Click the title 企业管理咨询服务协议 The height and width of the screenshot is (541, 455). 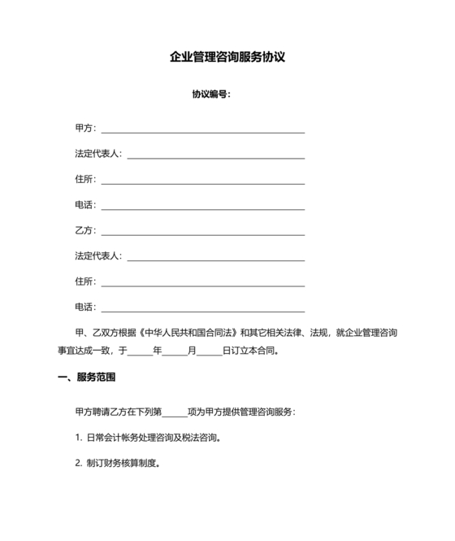tap(227, 58)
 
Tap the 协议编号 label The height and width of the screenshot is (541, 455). tap(210, 94)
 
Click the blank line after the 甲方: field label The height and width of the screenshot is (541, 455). tap(202, 130)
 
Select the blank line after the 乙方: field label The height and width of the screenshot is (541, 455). tap(202, 233)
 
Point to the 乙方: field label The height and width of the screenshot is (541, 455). tap(85, 230)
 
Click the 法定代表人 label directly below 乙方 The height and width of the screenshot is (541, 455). tap(97, 255)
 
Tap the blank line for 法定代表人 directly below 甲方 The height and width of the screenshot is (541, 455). tap(215, 156)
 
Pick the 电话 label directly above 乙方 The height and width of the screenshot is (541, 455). tap(85, 204)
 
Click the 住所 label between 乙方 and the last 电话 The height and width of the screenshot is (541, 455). tap(85, 281)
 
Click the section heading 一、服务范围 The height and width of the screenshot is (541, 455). tap(87, 377)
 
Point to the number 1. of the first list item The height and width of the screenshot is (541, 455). tap(78, 438)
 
